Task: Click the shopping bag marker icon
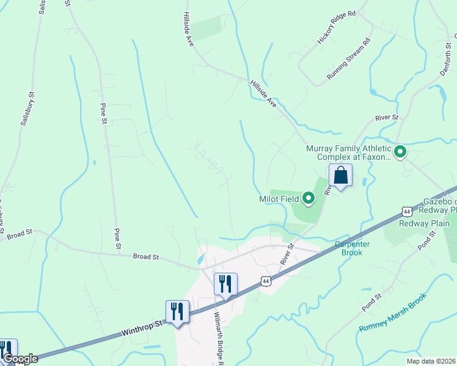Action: [340, 176]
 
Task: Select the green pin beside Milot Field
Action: [309, 198]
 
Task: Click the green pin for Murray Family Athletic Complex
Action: [401, 151]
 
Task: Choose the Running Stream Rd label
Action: [349, 59]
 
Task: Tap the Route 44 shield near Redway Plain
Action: [407, 212]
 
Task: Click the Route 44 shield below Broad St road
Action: [265, 281]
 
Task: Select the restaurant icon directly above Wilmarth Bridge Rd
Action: [225, 284]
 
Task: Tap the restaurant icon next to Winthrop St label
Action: [177, 311]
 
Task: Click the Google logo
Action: [20, 359]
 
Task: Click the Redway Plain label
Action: [424, 223]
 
